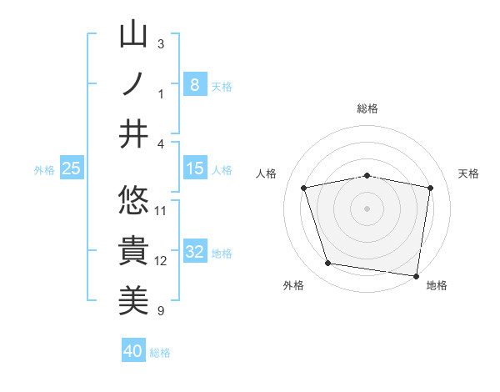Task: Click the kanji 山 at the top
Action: (134, 35)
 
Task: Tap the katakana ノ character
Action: (134, 84)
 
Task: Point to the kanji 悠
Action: (134, 201)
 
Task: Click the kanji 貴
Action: (134, 251)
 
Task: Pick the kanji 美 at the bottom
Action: (134, 301)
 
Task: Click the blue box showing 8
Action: (194, 84)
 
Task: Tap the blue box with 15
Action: (194, 169)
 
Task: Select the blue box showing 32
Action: (194, 252)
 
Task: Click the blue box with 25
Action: (72, 169)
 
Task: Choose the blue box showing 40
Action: (132, 351)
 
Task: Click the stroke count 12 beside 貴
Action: (161, 261)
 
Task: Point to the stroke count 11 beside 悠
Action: (161, 210)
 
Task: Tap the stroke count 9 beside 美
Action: (161, 311)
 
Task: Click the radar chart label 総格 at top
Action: (367, 108)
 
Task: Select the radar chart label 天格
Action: (469, 173)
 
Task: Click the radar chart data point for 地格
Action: (416, 274)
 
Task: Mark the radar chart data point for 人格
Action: (304, 188)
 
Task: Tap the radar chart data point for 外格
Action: (328, 264)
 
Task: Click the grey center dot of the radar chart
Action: (367, 208)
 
